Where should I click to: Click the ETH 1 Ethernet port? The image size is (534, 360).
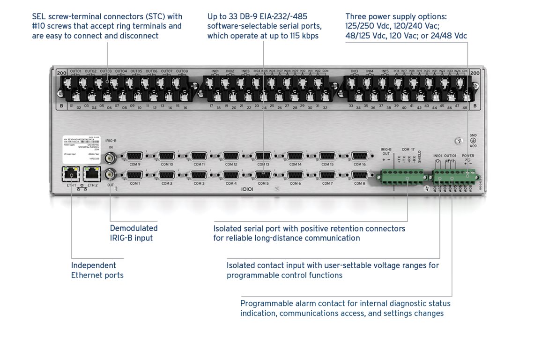71,174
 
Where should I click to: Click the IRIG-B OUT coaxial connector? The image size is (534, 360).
111,174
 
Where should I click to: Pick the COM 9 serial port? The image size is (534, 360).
135,157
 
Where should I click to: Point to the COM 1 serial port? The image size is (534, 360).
135,175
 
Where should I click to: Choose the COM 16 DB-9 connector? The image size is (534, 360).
359,157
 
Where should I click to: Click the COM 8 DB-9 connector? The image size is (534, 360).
359,175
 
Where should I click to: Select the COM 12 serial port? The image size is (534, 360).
231,157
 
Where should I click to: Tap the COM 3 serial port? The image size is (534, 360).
199,175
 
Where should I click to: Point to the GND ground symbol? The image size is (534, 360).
473,140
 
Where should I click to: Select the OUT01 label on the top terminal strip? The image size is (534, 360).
75,71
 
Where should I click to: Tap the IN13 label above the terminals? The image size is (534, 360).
355,71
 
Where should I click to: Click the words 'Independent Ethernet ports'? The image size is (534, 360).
97,270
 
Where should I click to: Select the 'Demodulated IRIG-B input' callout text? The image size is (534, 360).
133,233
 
